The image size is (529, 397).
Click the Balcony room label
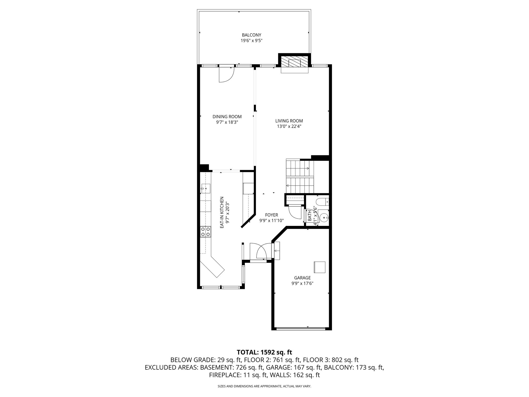point(251,35)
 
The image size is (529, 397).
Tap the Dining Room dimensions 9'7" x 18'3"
point(227,122)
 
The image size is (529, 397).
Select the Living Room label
point(289,121)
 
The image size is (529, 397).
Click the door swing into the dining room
point(227,75)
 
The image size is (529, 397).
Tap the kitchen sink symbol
point(206,189)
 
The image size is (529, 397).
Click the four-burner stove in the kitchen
point(206,232)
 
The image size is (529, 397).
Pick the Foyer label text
point(271,215)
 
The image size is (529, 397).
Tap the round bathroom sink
point(324,218)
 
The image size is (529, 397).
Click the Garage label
point(302,278)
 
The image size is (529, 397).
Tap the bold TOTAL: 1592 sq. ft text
point(264,352)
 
